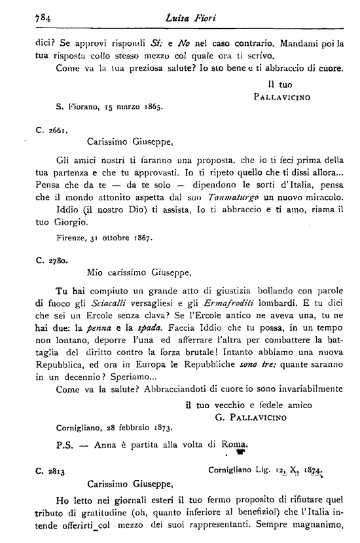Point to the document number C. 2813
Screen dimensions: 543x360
tap(52, 470)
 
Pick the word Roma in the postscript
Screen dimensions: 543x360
tap(237, 445)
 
